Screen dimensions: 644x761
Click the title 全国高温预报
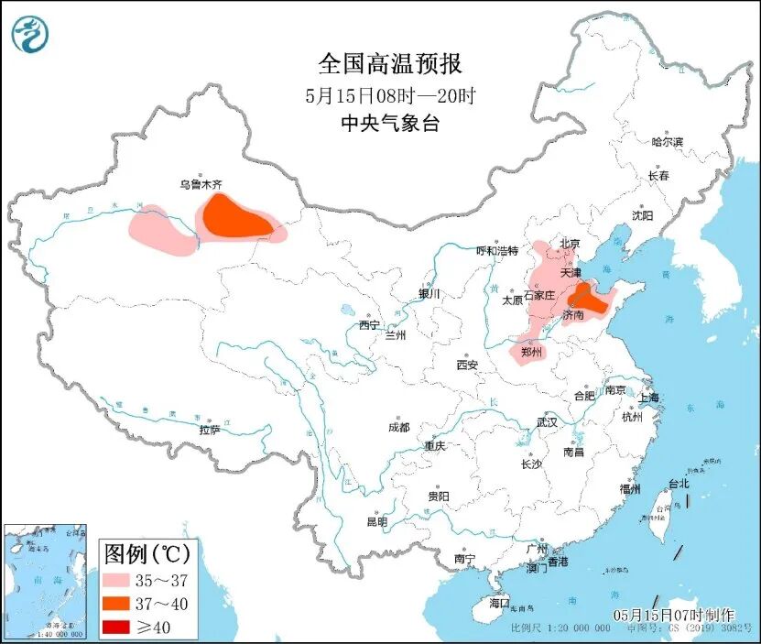(x=390, y=64)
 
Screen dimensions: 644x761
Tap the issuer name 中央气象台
(x=390, y=124)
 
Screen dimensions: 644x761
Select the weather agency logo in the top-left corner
(x=29, y=35)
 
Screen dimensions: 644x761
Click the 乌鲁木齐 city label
(x=200, y=184)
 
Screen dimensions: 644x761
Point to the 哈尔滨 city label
(x=667, y=142)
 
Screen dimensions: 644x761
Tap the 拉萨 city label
(x=210, y=429)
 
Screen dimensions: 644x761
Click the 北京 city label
(x=570, y=243)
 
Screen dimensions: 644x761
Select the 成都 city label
(x=398, y=427)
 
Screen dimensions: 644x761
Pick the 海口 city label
(x=499, y=603)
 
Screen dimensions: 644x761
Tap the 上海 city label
(x=648, y=398)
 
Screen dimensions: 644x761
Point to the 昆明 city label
(x=376, y=521)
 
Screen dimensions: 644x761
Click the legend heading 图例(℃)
(x=147, y=553)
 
